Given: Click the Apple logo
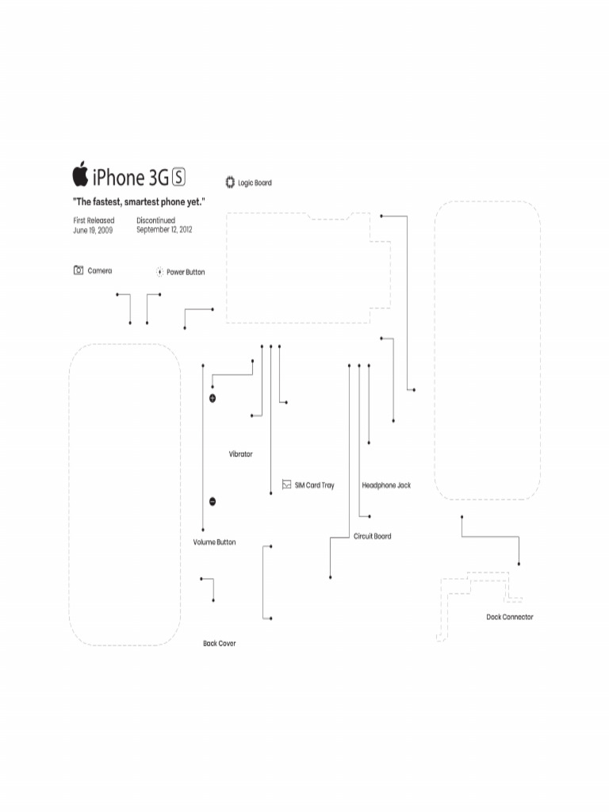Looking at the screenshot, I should coord(80,174).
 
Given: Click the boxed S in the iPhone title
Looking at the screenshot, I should coord(178,177).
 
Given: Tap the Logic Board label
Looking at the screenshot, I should coord(255,183).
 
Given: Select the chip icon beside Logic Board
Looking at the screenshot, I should coord(230,182).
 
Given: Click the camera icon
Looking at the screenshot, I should coord(79,270).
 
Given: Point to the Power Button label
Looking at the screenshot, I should coord(186,272).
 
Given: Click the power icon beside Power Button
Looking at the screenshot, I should coord(159,272).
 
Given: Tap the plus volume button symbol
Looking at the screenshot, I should coord(213,397).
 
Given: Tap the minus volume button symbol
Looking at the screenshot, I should coord(213,501).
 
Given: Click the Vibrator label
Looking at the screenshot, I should coord(240,454).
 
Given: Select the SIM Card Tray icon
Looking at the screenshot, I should coord(286,485).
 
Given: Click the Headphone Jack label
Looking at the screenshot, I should coord(386,485).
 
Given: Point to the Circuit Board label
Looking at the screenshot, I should coord(372,537).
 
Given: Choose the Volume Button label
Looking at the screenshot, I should coord(214,542).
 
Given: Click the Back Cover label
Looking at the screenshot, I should coord(219,643).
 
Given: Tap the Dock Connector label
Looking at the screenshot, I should coord(509,617).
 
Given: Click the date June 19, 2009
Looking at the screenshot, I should coord(93,230).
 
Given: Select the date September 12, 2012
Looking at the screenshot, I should coord(164,230).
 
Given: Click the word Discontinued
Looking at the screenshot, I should coord(155,220).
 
